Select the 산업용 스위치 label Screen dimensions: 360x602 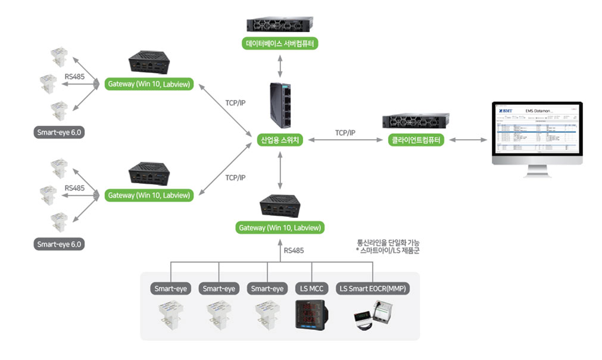click(280, 140)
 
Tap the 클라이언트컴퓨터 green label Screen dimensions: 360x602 click(416, 140)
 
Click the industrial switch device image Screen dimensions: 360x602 click(280, 105)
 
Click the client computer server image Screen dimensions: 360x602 click(416, 121)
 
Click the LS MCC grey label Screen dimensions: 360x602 click(312, 289)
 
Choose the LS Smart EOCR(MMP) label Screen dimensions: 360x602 click(373, 289)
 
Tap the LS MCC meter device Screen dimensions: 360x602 click(312, 315)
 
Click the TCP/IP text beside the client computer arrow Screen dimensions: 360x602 click(345, 133)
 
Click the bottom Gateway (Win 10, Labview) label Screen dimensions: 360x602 click(280, 227)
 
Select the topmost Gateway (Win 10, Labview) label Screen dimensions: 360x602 click(149, 84)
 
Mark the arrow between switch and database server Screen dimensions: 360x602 click(280, 65)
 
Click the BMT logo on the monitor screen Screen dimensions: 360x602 click(506, 110)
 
